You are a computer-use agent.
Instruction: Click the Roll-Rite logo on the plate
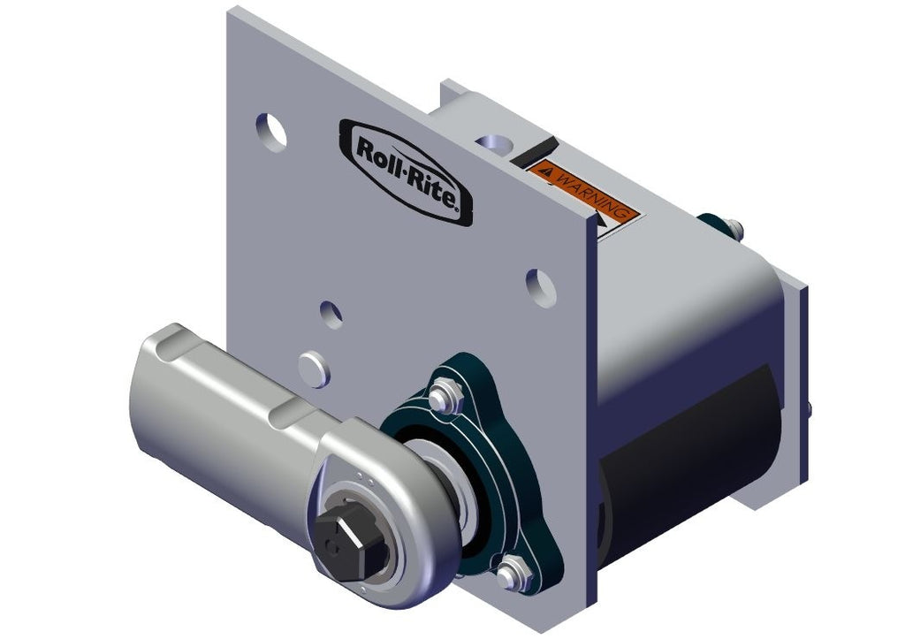pyautogui.click(x=406, y=168)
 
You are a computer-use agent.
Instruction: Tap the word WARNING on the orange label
pyautogui.click(x=591, y=190)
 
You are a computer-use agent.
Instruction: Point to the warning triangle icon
pyautogui.click(x=549, y=167)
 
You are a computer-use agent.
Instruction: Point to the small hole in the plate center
pyautogui.click(x=331, y=314)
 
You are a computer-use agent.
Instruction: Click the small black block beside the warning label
pyautogui.click(x=537, y=147)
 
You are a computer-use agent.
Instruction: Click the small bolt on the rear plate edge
pyautogui.click(x=807, y=408)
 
